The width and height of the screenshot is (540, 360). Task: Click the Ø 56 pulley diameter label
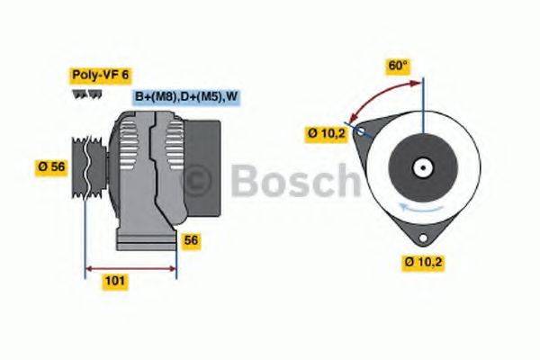coord(51,166)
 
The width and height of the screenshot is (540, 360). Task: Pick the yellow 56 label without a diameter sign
coord(191,240)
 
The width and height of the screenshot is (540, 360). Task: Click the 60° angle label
coord(398,66)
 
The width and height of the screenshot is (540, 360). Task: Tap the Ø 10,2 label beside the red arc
coord(327,133)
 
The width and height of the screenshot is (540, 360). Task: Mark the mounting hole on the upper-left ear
coord(362,131)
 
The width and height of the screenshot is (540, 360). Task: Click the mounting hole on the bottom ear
coord(422,236)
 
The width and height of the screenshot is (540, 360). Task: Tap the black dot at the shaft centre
coord(421,167)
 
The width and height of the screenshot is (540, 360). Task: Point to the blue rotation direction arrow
coord(405,209)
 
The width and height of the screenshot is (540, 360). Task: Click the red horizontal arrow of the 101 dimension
coord(130,268)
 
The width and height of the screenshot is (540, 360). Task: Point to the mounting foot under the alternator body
coord(144,241)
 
